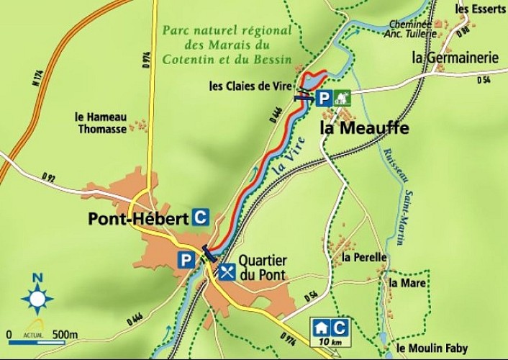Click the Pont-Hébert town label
(139, 219)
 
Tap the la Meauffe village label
(363, 129)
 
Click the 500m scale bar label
(64, 334)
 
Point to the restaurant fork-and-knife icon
(227, 271)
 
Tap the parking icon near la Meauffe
(325, 99)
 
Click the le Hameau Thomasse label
(101, 123)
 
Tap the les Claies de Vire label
(250, 86)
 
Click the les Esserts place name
(481, 9)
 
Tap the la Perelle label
(364, 257)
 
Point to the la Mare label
(407, 283)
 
